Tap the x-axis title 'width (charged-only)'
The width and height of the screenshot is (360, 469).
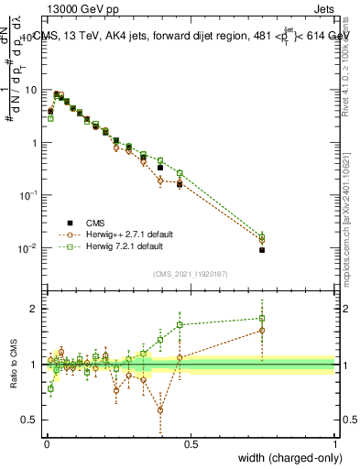point(284,457)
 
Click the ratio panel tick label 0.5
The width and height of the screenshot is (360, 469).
point(30,420)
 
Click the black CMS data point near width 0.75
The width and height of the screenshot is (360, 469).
point(262,250)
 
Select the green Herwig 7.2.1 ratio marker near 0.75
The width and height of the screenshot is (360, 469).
point(262,319)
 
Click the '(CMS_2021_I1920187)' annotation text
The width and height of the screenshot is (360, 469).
point(189,273)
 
